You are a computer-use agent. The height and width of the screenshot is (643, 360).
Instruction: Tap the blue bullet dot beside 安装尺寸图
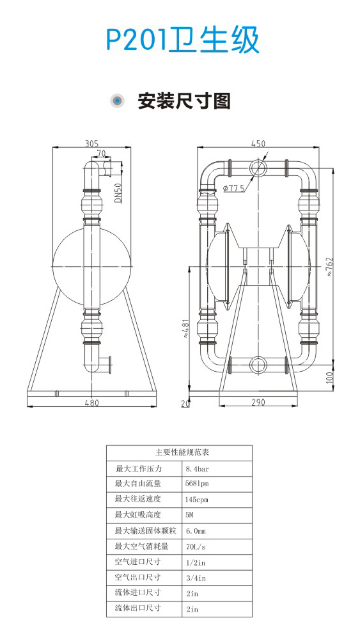click(118, 100)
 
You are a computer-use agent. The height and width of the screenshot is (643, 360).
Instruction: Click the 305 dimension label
click(92, 143)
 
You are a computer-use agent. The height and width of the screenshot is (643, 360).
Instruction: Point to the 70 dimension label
click(101, 153)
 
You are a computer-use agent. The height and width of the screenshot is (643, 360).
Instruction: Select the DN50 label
click(118, 193)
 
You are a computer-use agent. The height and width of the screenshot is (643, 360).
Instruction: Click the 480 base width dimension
click(92, 402)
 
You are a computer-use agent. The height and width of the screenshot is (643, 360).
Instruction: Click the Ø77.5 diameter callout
click(235, 188)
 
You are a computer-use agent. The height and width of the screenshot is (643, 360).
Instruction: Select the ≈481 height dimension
click(185, 328)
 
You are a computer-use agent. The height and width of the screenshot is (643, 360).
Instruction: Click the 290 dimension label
click(258, 402)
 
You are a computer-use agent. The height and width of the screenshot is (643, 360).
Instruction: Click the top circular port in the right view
click(258, 168)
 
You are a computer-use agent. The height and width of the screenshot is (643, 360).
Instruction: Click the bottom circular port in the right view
click(258, 364)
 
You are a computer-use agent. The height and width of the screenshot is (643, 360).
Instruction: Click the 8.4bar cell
click(198, 469)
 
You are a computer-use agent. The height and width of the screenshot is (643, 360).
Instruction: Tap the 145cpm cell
click(197, 500)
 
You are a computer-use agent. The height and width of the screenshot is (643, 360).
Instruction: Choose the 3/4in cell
click(196, 578)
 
